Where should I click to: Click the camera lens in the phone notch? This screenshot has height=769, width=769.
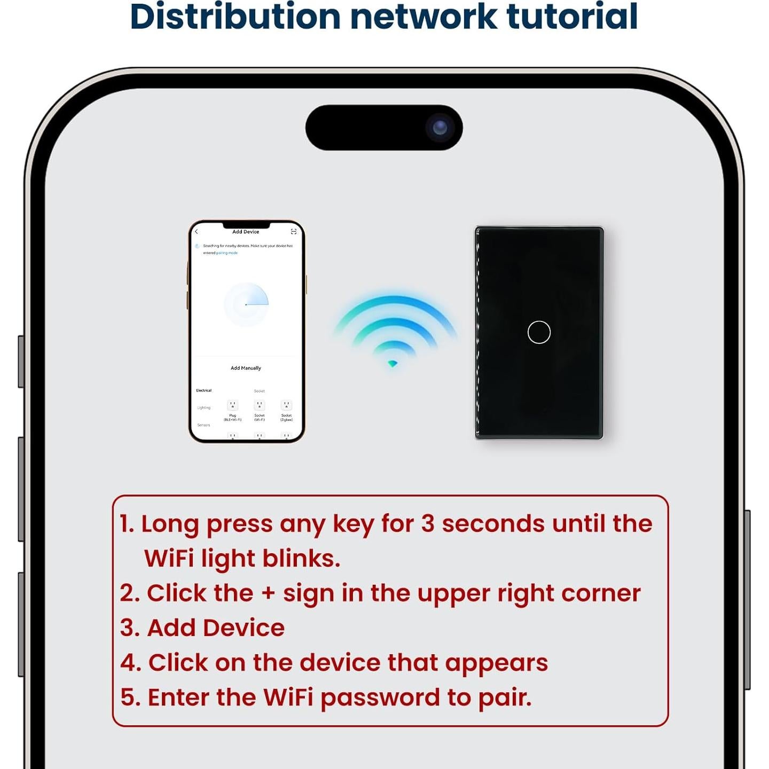[440, 128]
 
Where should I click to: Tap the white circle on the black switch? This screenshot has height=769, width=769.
[539, 332]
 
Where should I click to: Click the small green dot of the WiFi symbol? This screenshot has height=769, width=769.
[393, 364]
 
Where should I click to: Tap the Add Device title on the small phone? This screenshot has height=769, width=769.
[246, 232]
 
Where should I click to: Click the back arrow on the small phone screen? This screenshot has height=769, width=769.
[197, 232]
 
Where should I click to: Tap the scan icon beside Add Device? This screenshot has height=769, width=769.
[293, 232]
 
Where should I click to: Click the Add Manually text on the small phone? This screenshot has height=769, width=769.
[246, 368]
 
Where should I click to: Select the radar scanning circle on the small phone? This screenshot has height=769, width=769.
[246, 304]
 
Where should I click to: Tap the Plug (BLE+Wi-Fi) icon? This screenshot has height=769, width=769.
[232, 406]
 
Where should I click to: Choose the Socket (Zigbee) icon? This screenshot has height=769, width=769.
[286, 406]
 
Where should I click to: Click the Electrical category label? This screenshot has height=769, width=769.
[203, 390]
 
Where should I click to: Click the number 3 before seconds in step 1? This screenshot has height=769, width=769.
[428, 524]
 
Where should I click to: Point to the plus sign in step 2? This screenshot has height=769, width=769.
[268, 594]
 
